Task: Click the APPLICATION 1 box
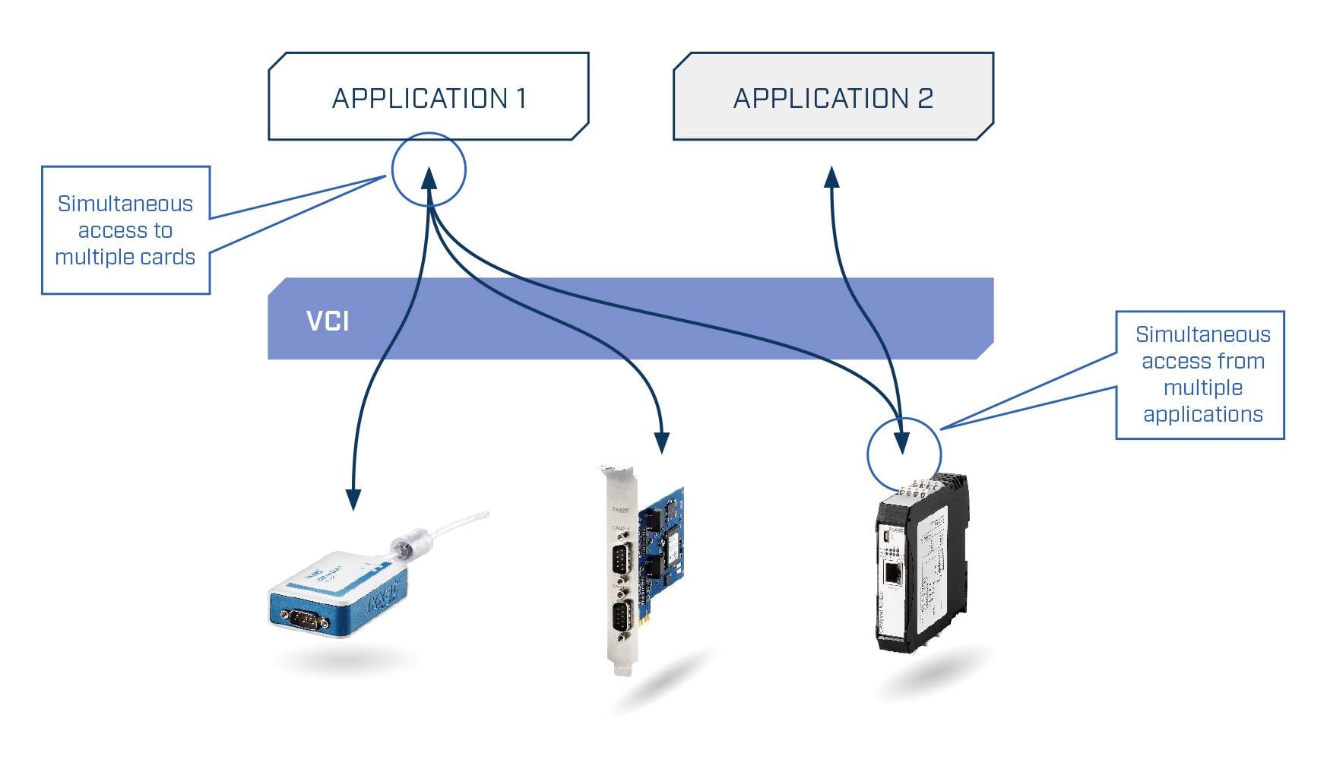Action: pos(429,97)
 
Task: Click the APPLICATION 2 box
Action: pos(833,97)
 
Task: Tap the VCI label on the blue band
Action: pos(328,321)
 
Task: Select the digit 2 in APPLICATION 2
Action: pos(925,98)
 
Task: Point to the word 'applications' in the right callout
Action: pos(1202,414)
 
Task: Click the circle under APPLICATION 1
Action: pos(429,169)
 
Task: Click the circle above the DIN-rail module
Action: pos(904,454)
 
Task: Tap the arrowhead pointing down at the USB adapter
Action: pos(353,498)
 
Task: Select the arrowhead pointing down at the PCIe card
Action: pos(662,442)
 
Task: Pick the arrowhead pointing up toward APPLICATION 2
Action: pos(832,177)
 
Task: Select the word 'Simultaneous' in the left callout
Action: pos(125,204)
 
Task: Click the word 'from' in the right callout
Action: pos(1240,361)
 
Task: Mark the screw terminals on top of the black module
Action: pos(923,484)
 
